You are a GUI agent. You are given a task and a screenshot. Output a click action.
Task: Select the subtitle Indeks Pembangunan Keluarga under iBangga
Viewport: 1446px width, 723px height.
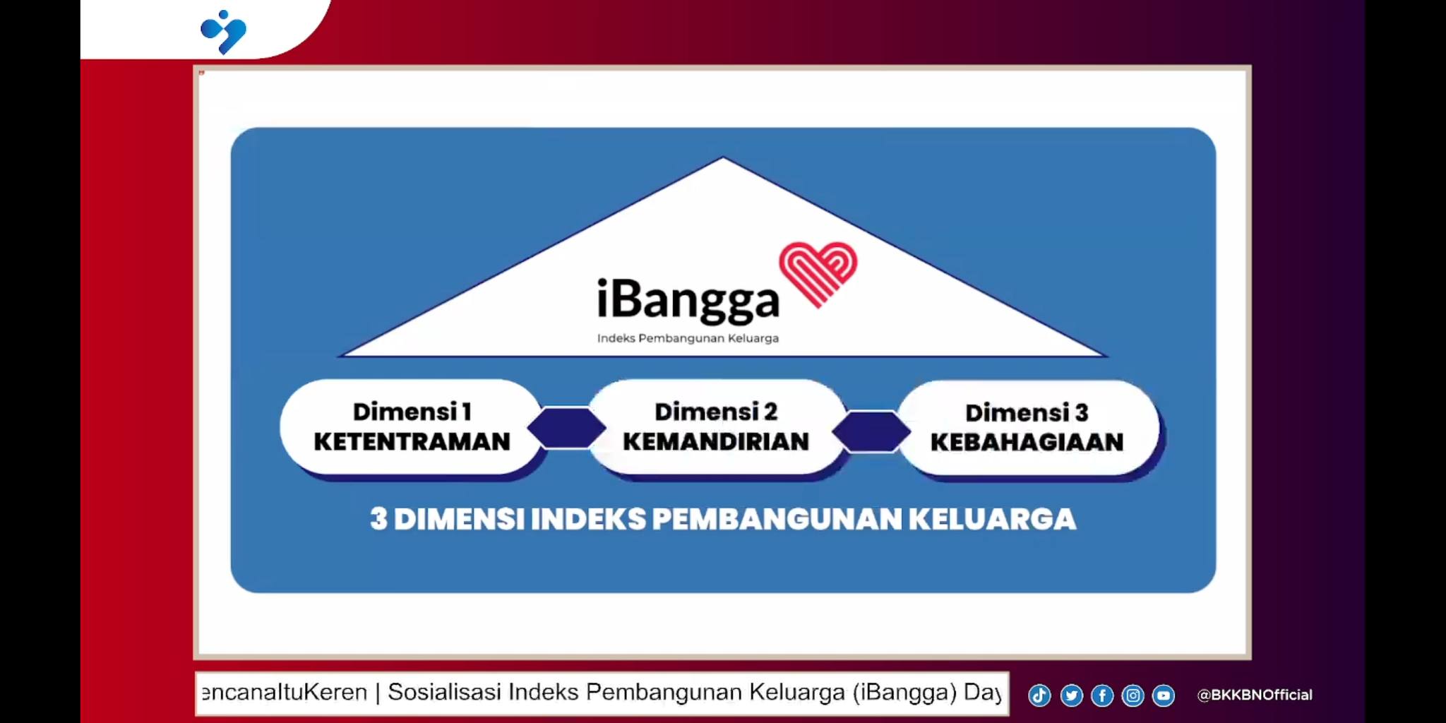pos(688,338)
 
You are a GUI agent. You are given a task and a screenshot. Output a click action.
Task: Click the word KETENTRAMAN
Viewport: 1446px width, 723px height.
pos(412,442)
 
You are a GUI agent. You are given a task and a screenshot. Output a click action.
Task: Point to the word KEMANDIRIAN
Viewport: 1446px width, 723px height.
pos(716,442)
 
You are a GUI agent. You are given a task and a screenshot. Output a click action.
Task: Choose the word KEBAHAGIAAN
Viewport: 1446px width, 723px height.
pos(1027,442)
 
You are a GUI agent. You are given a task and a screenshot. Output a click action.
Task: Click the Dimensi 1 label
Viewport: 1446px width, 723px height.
pos(412,412)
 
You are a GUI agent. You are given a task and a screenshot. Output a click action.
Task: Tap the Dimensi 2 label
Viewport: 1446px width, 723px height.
pos(716,412)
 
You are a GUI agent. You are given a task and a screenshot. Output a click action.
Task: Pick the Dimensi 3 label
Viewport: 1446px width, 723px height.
pos(1027,412)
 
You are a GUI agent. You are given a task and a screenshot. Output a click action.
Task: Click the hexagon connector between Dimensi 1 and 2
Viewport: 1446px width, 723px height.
pos(567,427)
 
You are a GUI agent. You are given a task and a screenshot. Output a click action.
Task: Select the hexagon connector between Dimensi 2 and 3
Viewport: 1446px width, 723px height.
pos(871,431)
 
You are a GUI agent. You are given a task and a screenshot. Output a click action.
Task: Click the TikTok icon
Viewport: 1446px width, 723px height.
pos(1039,695)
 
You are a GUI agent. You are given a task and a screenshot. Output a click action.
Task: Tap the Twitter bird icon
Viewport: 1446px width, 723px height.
pos(1071,695)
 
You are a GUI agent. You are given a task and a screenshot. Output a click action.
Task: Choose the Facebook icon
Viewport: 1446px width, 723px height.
pos(1102,695)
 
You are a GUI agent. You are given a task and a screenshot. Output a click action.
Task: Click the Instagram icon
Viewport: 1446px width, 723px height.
pos(1133,695)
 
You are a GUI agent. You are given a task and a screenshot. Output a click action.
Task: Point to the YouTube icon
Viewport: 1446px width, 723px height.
pos(1164,695)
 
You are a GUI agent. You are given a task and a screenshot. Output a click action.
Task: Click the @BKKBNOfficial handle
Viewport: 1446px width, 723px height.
pos(1255,695)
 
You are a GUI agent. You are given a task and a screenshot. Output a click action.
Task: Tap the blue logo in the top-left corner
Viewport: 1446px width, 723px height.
pos(223,32)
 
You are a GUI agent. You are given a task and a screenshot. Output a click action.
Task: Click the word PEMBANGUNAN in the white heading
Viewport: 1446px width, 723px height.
pos(777,519)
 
